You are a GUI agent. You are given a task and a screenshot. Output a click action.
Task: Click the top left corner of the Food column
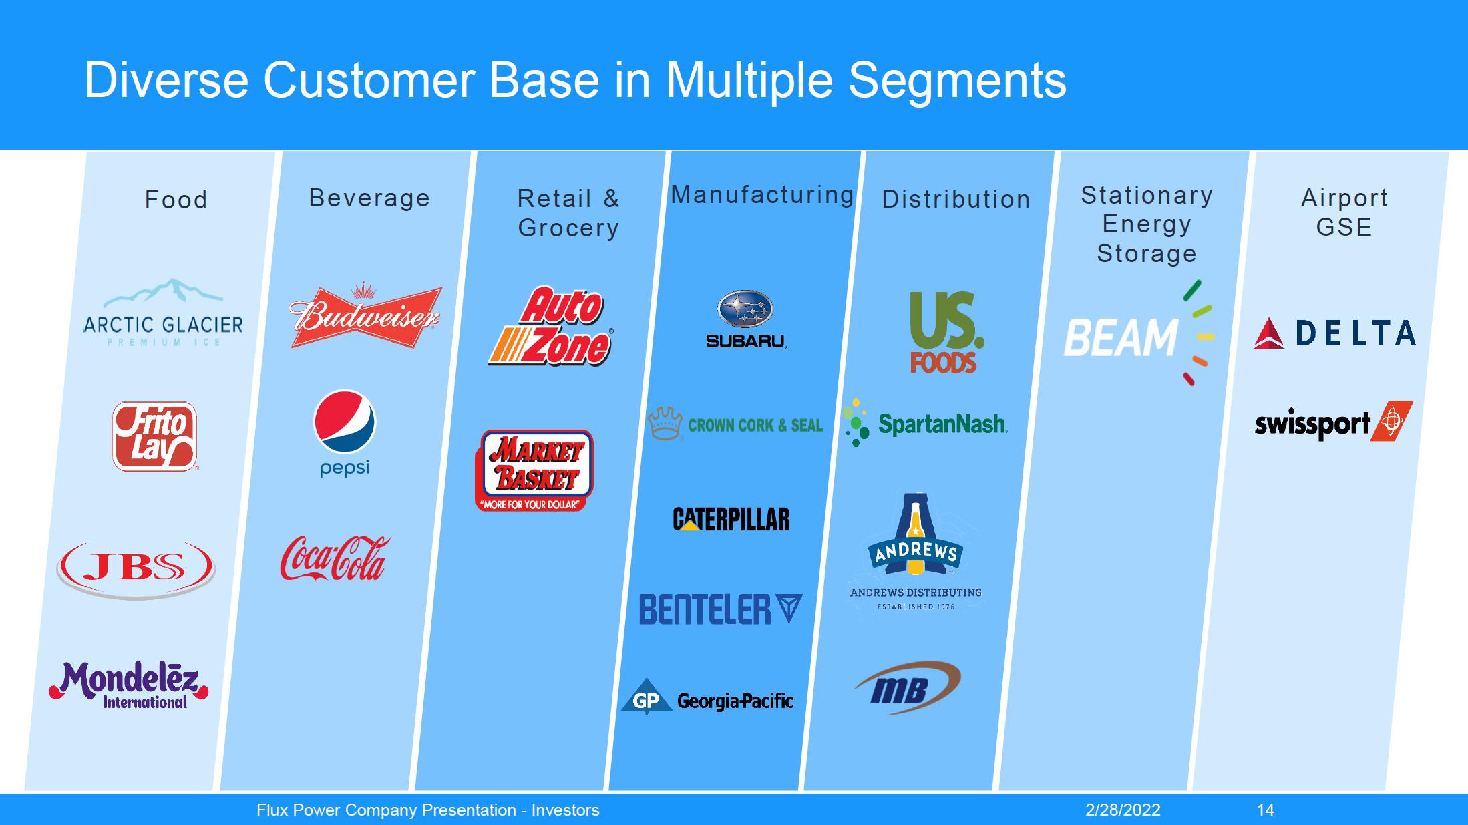pyautogui.click(x=86, y=152)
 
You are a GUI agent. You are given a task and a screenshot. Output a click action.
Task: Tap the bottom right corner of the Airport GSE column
pyautogui.click(x=1386, y=790)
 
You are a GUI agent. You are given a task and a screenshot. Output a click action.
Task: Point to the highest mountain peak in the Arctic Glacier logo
pyautogui.click(x=175, y=280)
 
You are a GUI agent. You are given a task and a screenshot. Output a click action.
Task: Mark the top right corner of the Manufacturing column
pyautogui.click(x=861, y=152)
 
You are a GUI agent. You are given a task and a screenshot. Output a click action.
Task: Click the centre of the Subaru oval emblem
pyautogui.click(x=745, y=310)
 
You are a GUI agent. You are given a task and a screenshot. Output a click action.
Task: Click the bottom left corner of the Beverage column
pyautogui.click(x=220, y=790)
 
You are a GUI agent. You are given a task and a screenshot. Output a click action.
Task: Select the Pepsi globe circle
pyautogui.click(x=345, y=422)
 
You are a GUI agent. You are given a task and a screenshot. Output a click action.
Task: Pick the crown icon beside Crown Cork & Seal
pyautogui.click(x=665, y=424)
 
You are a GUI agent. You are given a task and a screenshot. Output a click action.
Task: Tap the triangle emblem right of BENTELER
pyautogui.click(x=789, y=609)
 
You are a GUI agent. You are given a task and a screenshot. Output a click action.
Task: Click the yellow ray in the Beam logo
pyautogui.click(x=1206, y=337)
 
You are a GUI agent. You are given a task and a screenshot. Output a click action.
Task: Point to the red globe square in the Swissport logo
pyautogui.click(x=1391, y=421)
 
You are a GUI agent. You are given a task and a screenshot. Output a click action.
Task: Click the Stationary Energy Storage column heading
pyautogui.click(x=1147, y=224)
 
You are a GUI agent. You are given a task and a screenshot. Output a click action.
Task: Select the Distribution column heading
pyautogui.click(x=956, y=199)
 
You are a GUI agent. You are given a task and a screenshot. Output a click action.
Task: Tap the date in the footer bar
pyautogui.click(x=1123, y=810)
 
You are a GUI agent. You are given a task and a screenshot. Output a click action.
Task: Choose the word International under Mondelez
pyautogui.click(x=145, y=702)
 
